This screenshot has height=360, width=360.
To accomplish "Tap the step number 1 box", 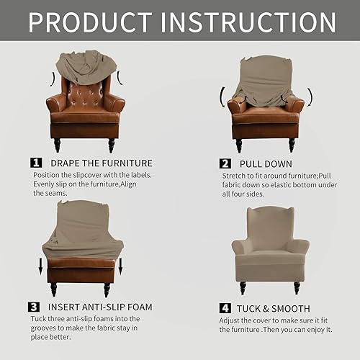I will [x=35, y=163].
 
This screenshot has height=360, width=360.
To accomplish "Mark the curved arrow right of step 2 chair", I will [x=310, y=96].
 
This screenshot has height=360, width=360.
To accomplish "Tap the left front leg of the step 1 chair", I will [x=57, y=145].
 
